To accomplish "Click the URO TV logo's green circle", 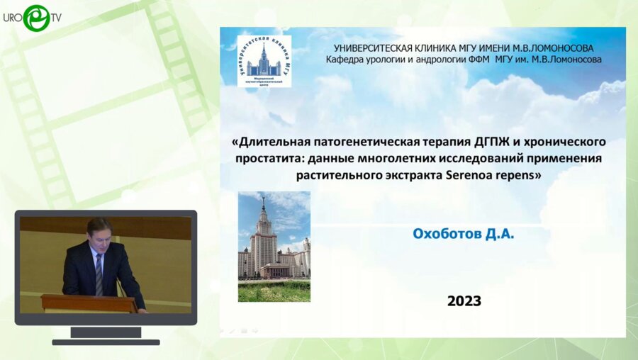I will [x=35, y=18].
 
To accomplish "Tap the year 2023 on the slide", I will [x=464, y=300].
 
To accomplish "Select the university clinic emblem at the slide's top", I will [x=264, y=62].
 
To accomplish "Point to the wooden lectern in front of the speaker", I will [x=89, y=303].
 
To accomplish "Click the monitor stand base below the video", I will [x=106, y=341].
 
